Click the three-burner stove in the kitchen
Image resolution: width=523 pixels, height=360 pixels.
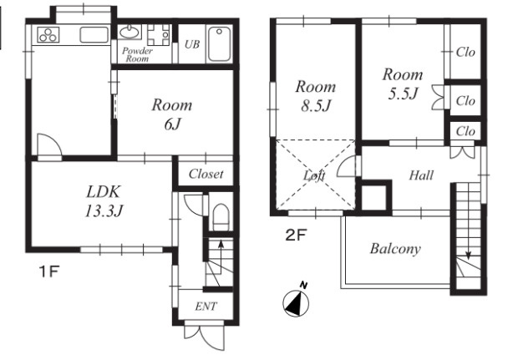(x=48, y=35)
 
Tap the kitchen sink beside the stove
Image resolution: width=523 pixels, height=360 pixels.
(x=94, y=35)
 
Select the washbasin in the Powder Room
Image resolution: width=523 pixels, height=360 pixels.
(x=130, y=32)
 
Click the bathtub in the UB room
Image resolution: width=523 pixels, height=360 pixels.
(x=219, y=44)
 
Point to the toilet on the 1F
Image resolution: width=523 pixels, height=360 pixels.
(x=221, y=216)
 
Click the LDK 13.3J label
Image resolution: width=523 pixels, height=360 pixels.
(x=104, y=201)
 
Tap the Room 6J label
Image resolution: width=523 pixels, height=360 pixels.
(x=172, y=114)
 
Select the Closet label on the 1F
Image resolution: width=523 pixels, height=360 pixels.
(x=206, y=174)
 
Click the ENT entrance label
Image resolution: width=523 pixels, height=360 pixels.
(x=206, y=307)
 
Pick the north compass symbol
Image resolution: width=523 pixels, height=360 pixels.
(x=296, y=300)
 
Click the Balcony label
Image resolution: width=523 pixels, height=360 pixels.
(x=395, y=249)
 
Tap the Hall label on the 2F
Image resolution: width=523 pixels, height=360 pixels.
(x=421, y=175)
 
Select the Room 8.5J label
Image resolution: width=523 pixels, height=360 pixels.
(x=316, y=96)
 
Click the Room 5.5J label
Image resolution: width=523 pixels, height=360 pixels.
(x=403, y=84)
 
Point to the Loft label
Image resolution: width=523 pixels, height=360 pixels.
(x=314, y=175)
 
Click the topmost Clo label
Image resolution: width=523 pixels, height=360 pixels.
(x=465, y=52)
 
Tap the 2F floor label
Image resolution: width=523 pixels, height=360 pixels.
(x=296, y=236)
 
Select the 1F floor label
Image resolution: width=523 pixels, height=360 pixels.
(x=49, y=272)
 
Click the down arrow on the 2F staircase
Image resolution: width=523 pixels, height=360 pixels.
(x=469, y=221)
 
